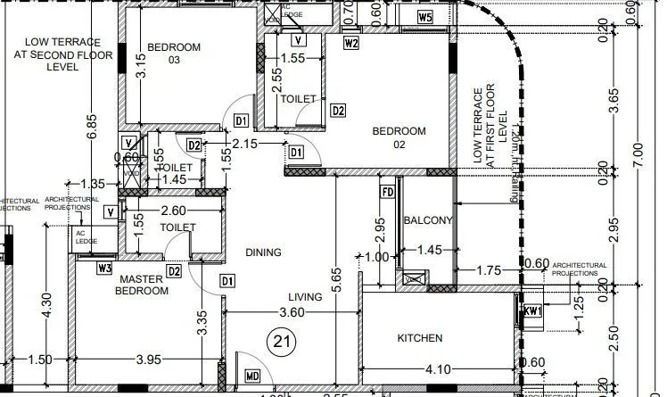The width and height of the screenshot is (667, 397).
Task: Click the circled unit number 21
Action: pyautogui.click(x=283, y=341)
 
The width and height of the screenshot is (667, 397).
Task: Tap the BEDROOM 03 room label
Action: pyautogui.click(x=174, y=53)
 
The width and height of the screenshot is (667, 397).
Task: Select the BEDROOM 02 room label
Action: pyautogui.click(x=399, y=137)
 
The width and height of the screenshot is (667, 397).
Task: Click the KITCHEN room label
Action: pyautogui.click(x=419, y=339)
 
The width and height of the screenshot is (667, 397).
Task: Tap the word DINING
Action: pyautogui.click(x=264, y=252)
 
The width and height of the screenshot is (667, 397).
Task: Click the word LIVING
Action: pyautogui.click(x=304, y=297)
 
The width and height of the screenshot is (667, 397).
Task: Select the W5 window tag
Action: pyautogui.click(x=425, y=17)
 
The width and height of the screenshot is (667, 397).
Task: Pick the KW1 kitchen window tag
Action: pyautogui.click(x=532, y=311)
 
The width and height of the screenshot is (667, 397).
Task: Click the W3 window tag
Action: pyautogui.click(x=105, y=267)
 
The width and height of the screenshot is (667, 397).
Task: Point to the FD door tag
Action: pyautogui.click(x=387, y=192)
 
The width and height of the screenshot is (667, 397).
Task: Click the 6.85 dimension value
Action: pyautogui.click(x=92, y=128)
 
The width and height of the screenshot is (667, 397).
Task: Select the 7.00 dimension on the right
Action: pyautogui.click(x=638, y=145)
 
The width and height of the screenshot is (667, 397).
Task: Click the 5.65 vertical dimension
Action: pyautogui.click(x=336, y=282)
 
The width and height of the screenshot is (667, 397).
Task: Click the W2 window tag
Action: pyautogui.click(x=351, y=42)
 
